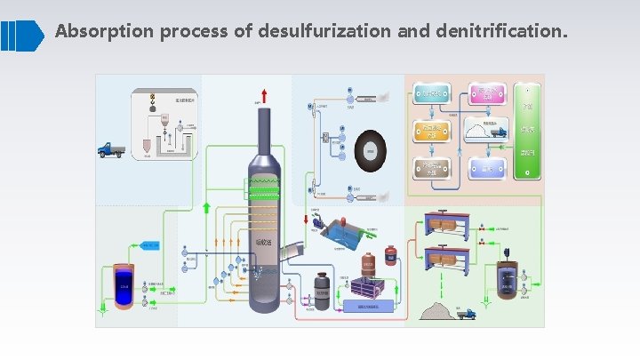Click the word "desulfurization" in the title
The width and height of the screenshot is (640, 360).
[324, 31]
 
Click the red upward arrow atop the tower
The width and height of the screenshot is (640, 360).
[263, 95]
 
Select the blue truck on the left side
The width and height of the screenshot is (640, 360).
[111, 150]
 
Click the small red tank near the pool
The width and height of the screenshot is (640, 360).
[368, 264]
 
